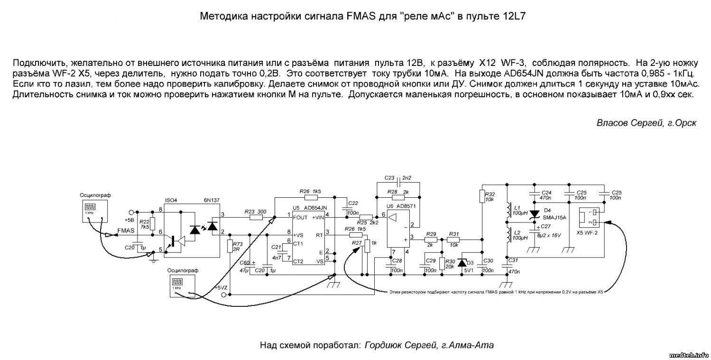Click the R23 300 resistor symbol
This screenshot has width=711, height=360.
coord(256,218)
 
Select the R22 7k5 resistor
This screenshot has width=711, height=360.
coord(152,223)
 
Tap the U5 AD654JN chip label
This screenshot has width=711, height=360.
coord(310,208)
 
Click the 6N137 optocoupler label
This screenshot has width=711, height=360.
coord(212,200)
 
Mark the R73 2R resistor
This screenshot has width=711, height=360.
coord(230,247)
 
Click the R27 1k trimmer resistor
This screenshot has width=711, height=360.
coord(367,247)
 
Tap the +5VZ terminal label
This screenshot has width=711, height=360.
coord(221,288)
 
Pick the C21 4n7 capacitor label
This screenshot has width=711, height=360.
coord(277,252)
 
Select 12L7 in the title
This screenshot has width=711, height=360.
coord(514,17)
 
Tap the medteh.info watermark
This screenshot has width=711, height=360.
coord(689,355)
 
